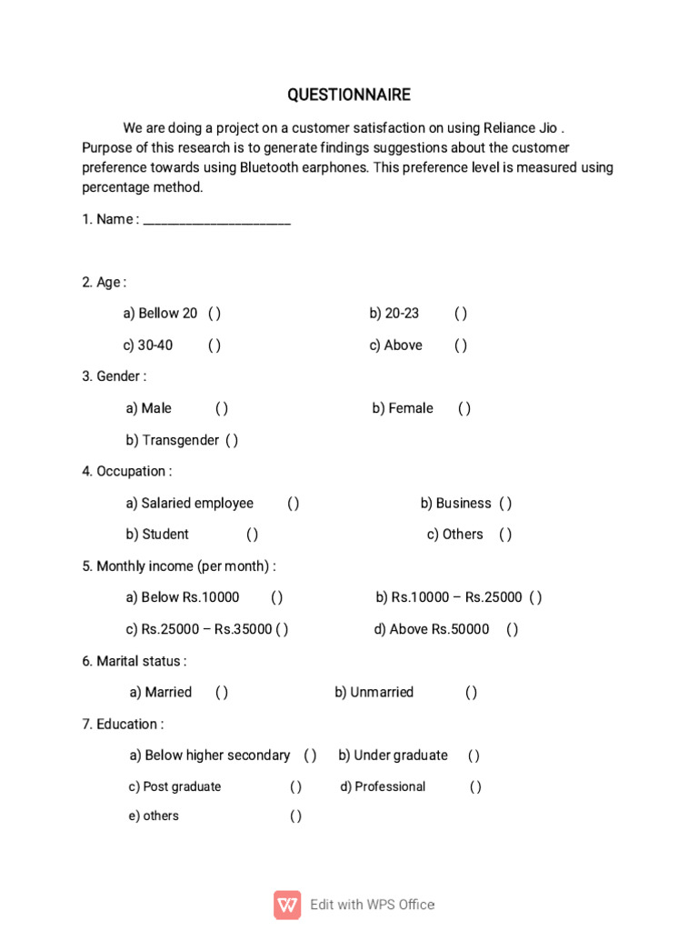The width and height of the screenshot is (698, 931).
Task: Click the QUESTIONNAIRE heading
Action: pyautogui.click(x=349, y=95)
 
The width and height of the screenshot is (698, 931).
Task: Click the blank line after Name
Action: pyautogui.click(x=217, y=220)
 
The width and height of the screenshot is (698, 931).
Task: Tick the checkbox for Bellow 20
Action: pyautogui.click(x=214, y=314)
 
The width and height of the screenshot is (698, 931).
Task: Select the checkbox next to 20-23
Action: pyautogui.click(x=461, y=314)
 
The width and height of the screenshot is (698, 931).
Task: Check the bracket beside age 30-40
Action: pyautogui.click(x=214, y=345)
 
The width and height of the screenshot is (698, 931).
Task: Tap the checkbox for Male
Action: pyautogui.click(x=222, y=409)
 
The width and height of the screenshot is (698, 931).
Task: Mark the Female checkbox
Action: pyautogui.click(x=464, y=409)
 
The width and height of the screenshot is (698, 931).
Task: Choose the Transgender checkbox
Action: pyautogui.click(x=232, y=441)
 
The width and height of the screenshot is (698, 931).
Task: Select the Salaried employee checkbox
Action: pyautogui.click(x=294, y=504)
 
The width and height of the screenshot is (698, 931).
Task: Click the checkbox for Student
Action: pyautogui.click(x=253, y=535)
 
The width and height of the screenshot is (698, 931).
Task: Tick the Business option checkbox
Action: pyautogui.click(x=505, y=504)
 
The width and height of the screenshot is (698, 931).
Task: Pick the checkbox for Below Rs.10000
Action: pyautogui.click(x=277, y=597)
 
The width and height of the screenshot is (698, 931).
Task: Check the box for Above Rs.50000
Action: pyautogui.click(x=513, y=629)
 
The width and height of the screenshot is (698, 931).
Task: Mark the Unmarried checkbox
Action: pyautogui.click(x=472, y=693)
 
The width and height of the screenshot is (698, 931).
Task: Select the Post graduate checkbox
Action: pyautogui.click(x=296, y=787)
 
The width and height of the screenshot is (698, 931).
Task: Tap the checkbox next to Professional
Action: pyautogui.click(x=476, y=787)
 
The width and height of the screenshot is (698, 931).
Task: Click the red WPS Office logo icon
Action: pyautogui.click(x=287, y=905)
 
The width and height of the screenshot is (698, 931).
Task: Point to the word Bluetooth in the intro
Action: pyautogui.click(x=271, y=168)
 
